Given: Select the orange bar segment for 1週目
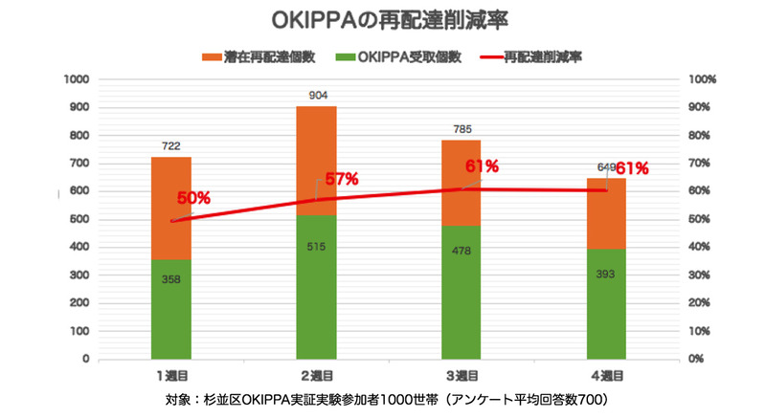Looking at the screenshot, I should pos(170,208).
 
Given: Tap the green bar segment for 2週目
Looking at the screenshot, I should pos(316,287).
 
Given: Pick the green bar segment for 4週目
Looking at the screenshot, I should pos(606,303).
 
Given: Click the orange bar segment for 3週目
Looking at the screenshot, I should pos(461,182).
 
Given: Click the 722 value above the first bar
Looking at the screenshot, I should pos(170,145).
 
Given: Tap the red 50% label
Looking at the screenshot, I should pos(193,198).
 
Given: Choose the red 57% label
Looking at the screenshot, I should pos(341,178).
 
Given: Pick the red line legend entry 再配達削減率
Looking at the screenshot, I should pos(536,57).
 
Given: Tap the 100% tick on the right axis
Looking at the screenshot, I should pos(703,79).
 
